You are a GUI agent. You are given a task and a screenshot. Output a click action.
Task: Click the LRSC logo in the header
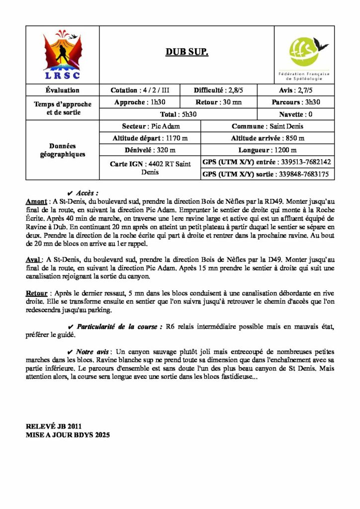coord(63,55)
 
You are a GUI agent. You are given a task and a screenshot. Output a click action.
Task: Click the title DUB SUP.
coord(187,53)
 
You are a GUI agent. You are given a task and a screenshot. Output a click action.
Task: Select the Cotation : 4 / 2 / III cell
coord(140,90)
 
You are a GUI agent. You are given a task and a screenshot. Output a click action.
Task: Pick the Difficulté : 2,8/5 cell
coord(222,90)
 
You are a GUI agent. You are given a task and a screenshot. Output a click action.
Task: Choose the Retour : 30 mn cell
coord(222,102)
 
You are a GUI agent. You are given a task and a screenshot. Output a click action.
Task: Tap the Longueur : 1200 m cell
coord(268,150)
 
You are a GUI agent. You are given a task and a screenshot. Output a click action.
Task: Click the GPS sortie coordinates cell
coord(268,174)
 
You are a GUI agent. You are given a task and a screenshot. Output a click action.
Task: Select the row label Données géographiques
coord(63,150)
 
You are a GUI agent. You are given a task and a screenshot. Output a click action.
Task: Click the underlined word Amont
coord(36,201)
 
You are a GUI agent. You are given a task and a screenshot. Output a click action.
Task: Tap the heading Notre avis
coord(94,351)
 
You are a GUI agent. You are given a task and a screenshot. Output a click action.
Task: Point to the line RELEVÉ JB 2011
coord(54,426)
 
